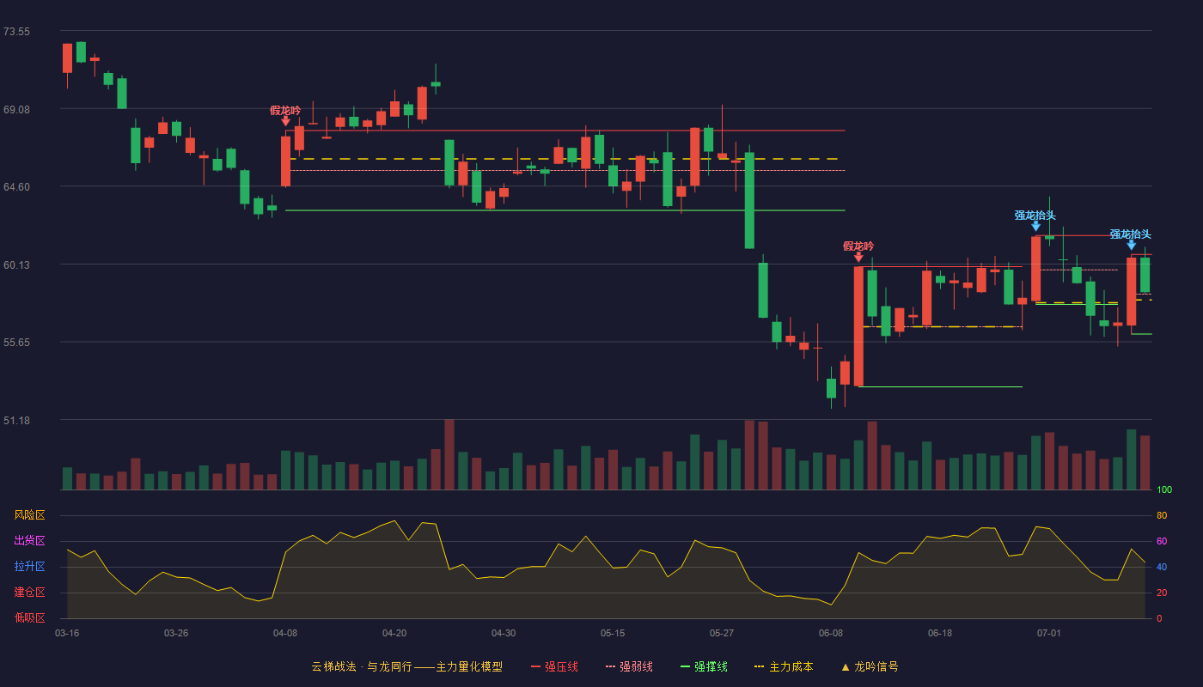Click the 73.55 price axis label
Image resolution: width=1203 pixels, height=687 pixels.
(x=16, y=32)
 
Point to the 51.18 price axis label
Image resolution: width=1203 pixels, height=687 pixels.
(x=16, y=420)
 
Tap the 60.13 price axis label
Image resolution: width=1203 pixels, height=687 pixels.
(x=16, y=265)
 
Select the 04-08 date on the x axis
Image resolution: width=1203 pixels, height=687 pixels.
(x=285, y=634)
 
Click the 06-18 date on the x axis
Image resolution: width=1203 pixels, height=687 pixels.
(x=940, y=634)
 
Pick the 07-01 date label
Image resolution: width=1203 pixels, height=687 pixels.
(x=1049, y=634)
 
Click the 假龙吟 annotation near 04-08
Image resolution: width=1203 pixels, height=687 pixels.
(x=285, y=111)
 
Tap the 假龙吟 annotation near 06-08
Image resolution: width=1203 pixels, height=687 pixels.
(x=858, y=246)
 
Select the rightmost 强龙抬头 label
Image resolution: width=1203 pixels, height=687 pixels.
(x=1131, y=234)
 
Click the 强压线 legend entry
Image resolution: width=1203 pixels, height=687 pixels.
(x=554, y=666)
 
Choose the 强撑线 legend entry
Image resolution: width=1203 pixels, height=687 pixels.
(x=704, y=666)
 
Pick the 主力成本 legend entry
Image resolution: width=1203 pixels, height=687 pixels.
(x=784, y=666)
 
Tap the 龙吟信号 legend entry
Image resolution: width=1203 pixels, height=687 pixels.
(x=870, y=666)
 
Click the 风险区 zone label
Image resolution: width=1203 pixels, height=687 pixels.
(x=29, y=515)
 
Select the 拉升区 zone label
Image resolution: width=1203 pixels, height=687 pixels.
(x=29, y=566)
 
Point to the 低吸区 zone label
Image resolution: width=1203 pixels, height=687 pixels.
(x=29, y=617)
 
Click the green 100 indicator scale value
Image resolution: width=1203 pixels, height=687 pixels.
(x=1164, y=489)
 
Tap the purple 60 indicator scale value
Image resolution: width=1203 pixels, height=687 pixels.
(x=1162, y=541)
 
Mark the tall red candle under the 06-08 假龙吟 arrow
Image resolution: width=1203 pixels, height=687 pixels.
(x=858, y=326)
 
